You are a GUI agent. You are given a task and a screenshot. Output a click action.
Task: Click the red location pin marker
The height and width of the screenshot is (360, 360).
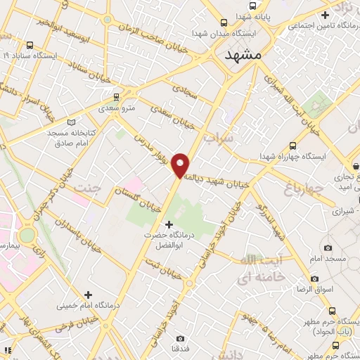[x=181, y=165]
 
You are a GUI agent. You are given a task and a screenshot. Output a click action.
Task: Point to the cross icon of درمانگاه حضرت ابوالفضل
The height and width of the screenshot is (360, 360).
[x=168, y=224]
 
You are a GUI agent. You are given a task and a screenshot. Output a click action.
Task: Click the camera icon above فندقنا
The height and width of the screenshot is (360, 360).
[x=180, y=337]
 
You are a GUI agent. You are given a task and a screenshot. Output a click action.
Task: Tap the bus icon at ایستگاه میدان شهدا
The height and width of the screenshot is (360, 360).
[x=224, y=22]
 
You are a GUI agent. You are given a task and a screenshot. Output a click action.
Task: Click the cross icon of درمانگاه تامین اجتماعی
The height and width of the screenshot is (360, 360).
[x=325, y=15]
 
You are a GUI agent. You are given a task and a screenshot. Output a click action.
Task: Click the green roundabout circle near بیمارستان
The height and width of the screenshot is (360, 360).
[x=27, y=235]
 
